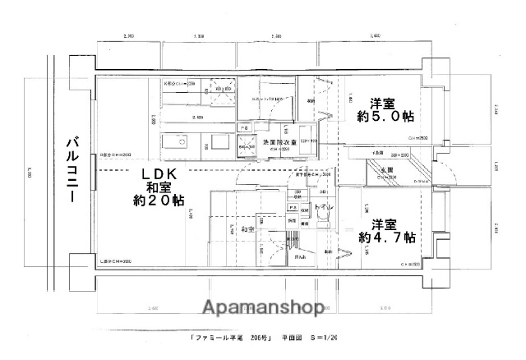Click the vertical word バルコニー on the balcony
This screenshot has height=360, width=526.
pyautogui.click(x=72, y=173)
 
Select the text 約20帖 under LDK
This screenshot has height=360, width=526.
pyautogui.click(x=159, y=201)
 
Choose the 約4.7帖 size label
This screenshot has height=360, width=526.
pyautogui.click(x=385, y=237)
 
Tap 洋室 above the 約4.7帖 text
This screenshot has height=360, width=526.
pyautogui.click(x=384, y=224)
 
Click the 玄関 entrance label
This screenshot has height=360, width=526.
pyautogui.click(x=385, y=171)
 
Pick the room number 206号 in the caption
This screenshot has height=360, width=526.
pyautogui.click(x=257, y=338)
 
